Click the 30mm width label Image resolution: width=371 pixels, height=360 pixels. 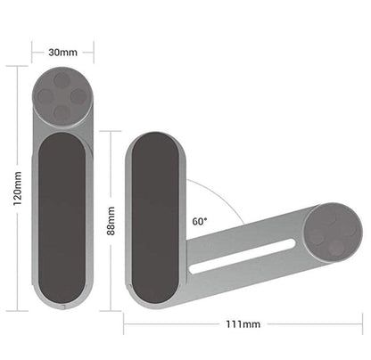point(62,52)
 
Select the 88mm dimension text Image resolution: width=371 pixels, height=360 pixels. point(111,219)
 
